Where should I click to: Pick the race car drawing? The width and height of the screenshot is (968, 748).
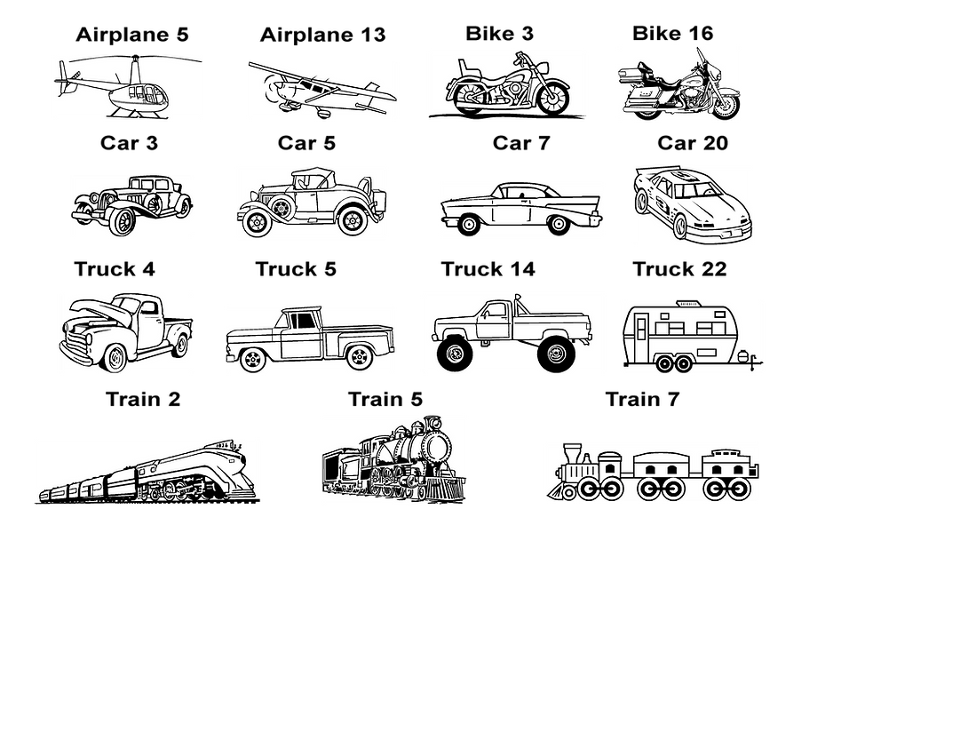(x=693, y=204)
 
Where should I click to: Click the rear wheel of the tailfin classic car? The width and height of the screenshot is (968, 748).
(x=465, y=226)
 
